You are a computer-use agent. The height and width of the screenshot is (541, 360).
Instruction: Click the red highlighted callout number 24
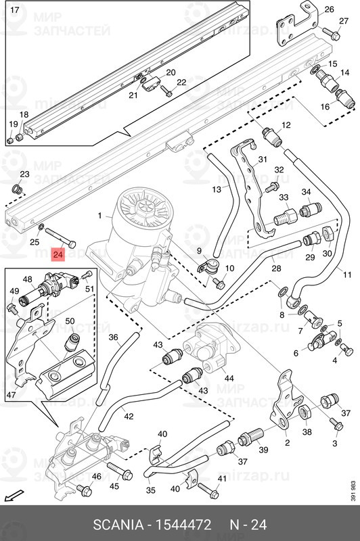[x=58, y=255]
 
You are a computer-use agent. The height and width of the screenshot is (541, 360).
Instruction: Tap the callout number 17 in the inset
[x=16, y=9]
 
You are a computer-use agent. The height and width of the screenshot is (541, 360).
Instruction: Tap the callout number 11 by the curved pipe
[x=347, y=275]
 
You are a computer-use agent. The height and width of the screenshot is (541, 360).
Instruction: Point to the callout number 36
[x=113, y=337]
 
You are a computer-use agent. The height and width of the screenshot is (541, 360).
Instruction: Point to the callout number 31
[x=263, y=159]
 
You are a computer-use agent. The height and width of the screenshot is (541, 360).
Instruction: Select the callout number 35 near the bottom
[x=150, y=490]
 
